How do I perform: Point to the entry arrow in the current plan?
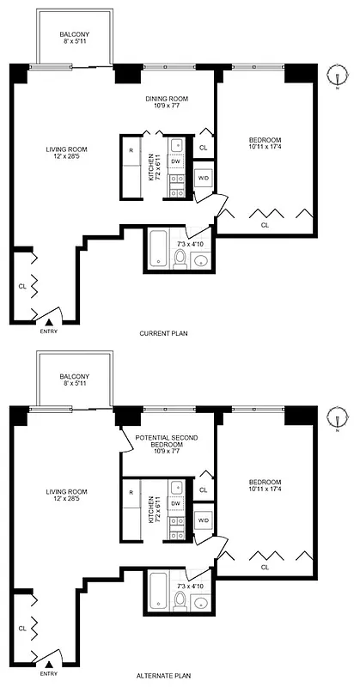click(50, 321)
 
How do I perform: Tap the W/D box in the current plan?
click(203, 178)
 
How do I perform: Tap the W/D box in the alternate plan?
click(203, 520)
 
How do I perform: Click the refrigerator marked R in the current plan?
click(131, 150)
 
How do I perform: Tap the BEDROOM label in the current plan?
click(265, 144)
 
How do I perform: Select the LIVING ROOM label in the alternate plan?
click(67, 495)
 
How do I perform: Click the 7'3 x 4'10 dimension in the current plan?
click(190, 244)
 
